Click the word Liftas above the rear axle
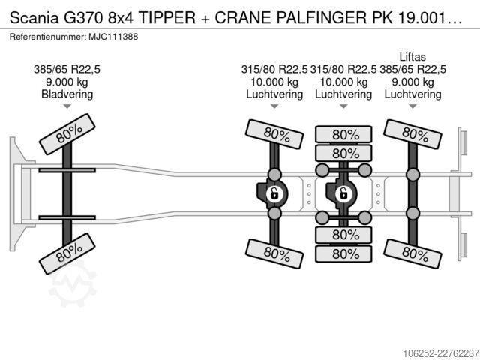[x=412, y=57]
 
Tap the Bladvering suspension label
[x=67, y=94]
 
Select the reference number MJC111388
[x=113, y=37]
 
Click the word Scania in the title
[x=34, y=18]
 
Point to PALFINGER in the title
[x=321, y=18]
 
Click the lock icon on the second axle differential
[x=274, y=193]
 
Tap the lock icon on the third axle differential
[x=343, y=193]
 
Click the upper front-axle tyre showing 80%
[x=67, y=134]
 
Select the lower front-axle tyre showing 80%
[x=67, y=253]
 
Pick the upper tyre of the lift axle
[x=412, y=134]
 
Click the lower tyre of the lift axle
[x=412, y=253]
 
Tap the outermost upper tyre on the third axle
[x=343, y=134]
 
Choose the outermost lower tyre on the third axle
[x=343, y=253]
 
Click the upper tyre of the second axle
[x=274, y=134]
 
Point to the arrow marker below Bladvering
[x=67, y=106]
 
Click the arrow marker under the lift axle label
[x=412, y=106]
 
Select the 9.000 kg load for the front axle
[x=67, y=82]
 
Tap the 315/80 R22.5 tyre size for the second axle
[x=274, y=70]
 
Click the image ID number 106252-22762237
[x=441, y=353]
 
